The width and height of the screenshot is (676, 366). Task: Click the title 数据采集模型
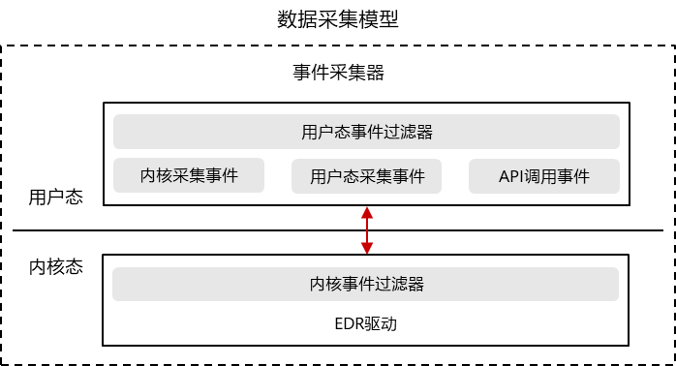(x=337, y=19)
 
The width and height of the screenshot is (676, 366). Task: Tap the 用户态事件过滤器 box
(x=366, y=132)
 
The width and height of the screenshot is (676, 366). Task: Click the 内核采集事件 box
(x=189, y=175)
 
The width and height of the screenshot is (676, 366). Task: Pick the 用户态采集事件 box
(x=367, y=176)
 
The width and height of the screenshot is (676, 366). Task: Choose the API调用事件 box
(x=544, y=176)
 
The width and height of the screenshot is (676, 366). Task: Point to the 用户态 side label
(x=55, y=198)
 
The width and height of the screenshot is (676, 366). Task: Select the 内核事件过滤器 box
(x=366, y=285)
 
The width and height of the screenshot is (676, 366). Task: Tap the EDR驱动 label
(x=366, y=323)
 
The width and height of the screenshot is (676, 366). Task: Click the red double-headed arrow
(x=366, y=229)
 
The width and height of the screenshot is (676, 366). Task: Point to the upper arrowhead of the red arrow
(x=366, y=211)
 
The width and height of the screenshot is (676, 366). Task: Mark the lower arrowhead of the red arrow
(x=366, y=249)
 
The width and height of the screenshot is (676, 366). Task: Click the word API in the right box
(x=511, y=176)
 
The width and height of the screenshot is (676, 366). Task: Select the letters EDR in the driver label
(x=350, y=323)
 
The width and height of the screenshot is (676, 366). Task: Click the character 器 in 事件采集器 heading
(x=379, y=73)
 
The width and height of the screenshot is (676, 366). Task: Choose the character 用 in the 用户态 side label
(x=37, y=198)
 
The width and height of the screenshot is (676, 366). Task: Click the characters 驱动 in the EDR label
(x=382, y=323)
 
